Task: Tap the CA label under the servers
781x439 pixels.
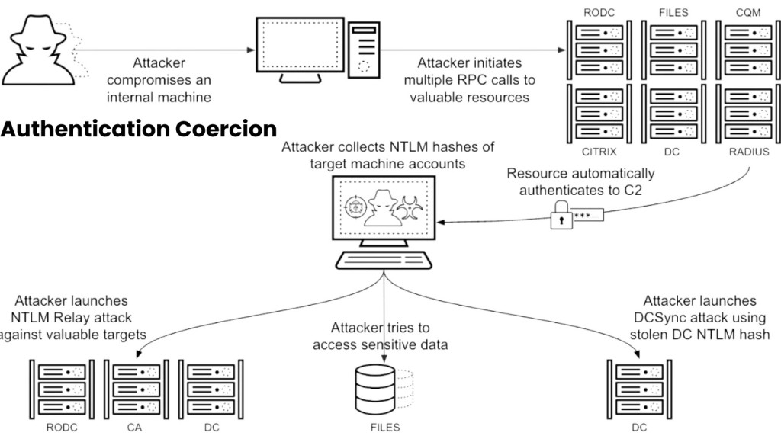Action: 135,428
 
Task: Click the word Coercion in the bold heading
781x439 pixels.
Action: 225,127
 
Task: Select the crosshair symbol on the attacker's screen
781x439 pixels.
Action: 353,207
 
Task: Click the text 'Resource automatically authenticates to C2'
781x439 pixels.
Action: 580,181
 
